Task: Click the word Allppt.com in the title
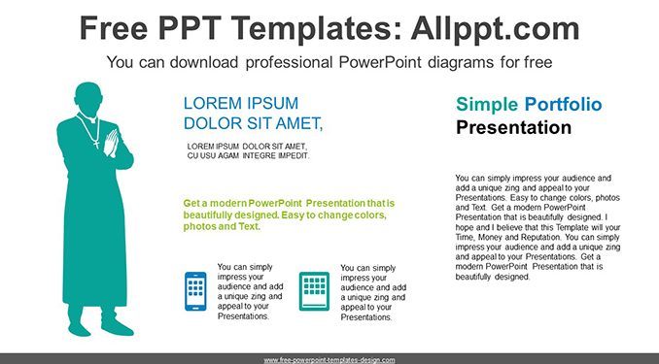coord(495,29)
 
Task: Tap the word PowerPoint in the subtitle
coord(380,62)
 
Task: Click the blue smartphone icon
coord(195,291)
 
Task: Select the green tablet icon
coord(314,291)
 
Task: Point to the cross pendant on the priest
coord(96,144)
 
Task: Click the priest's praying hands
coord(112,143)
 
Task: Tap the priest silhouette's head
coord(88,99)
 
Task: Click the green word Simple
coord(487,105)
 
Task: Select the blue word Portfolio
coord(563,104)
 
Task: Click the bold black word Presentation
coord(513,127)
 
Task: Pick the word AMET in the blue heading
coord(295,123)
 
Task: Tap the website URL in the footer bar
coord(329,360)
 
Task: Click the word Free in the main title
coord(114,28)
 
